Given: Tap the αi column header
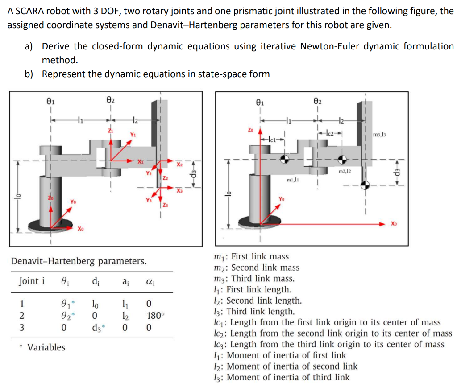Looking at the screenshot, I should [x=150, y=282].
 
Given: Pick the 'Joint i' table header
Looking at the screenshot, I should [x=32, y=281].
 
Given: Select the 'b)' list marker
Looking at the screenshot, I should [x=29, y=74].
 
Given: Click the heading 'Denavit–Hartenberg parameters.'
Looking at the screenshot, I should [x=79, y=261].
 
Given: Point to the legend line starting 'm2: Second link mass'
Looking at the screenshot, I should [x=257, y=268].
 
